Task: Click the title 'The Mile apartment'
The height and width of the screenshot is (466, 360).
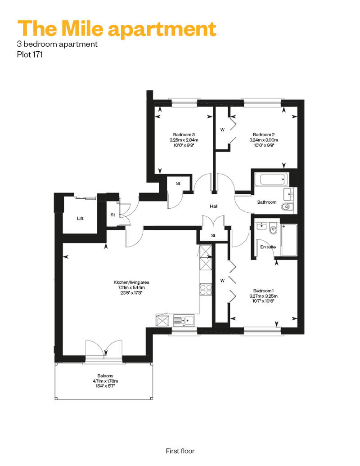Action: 117,29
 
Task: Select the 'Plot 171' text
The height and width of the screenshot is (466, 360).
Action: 30,55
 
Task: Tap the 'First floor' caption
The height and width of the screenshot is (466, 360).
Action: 180,451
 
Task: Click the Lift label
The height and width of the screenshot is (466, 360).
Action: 80,219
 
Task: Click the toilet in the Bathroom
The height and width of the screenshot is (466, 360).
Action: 287,206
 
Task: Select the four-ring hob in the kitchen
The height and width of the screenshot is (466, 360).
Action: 206,290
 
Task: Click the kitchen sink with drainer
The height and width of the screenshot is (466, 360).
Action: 184,321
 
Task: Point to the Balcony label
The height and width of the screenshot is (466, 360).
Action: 105,376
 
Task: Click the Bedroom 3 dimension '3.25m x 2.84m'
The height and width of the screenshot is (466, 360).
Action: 184,140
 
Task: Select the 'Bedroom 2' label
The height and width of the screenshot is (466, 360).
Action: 264,134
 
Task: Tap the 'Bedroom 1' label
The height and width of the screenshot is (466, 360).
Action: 263,291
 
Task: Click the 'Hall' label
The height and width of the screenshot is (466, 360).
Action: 213,206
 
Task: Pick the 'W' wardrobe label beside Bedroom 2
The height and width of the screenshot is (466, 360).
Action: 222,130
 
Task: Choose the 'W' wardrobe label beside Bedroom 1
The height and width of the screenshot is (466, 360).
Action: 222,281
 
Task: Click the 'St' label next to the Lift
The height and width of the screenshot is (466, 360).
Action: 112,215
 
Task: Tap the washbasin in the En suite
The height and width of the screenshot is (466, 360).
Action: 261,226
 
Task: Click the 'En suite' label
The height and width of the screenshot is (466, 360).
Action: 268,247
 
